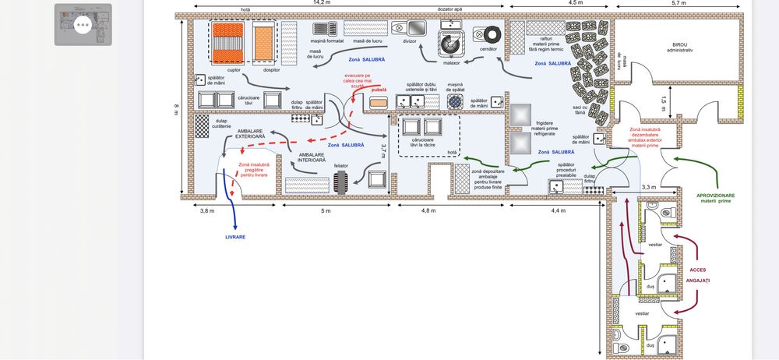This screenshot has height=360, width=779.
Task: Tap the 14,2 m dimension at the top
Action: click(321, 3)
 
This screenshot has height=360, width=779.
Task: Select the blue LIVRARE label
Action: click(235, 236)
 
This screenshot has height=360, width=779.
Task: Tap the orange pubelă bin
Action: click(379, 101)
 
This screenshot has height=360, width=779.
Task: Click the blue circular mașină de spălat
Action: click(454, 101)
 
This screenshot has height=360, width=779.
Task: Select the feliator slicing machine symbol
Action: click(340, 182)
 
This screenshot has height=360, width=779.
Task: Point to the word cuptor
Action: click(234, 70)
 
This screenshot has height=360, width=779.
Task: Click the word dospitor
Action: click(272, 70)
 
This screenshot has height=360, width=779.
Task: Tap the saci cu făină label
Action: click(580, 110)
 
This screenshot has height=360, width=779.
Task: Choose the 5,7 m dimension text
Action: click(679, 3)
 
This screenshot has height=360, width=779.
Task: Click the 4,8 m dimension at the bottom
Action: click(429, 211)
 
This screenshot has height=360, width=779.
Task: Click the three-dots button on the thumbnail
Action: click(82, 25)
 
